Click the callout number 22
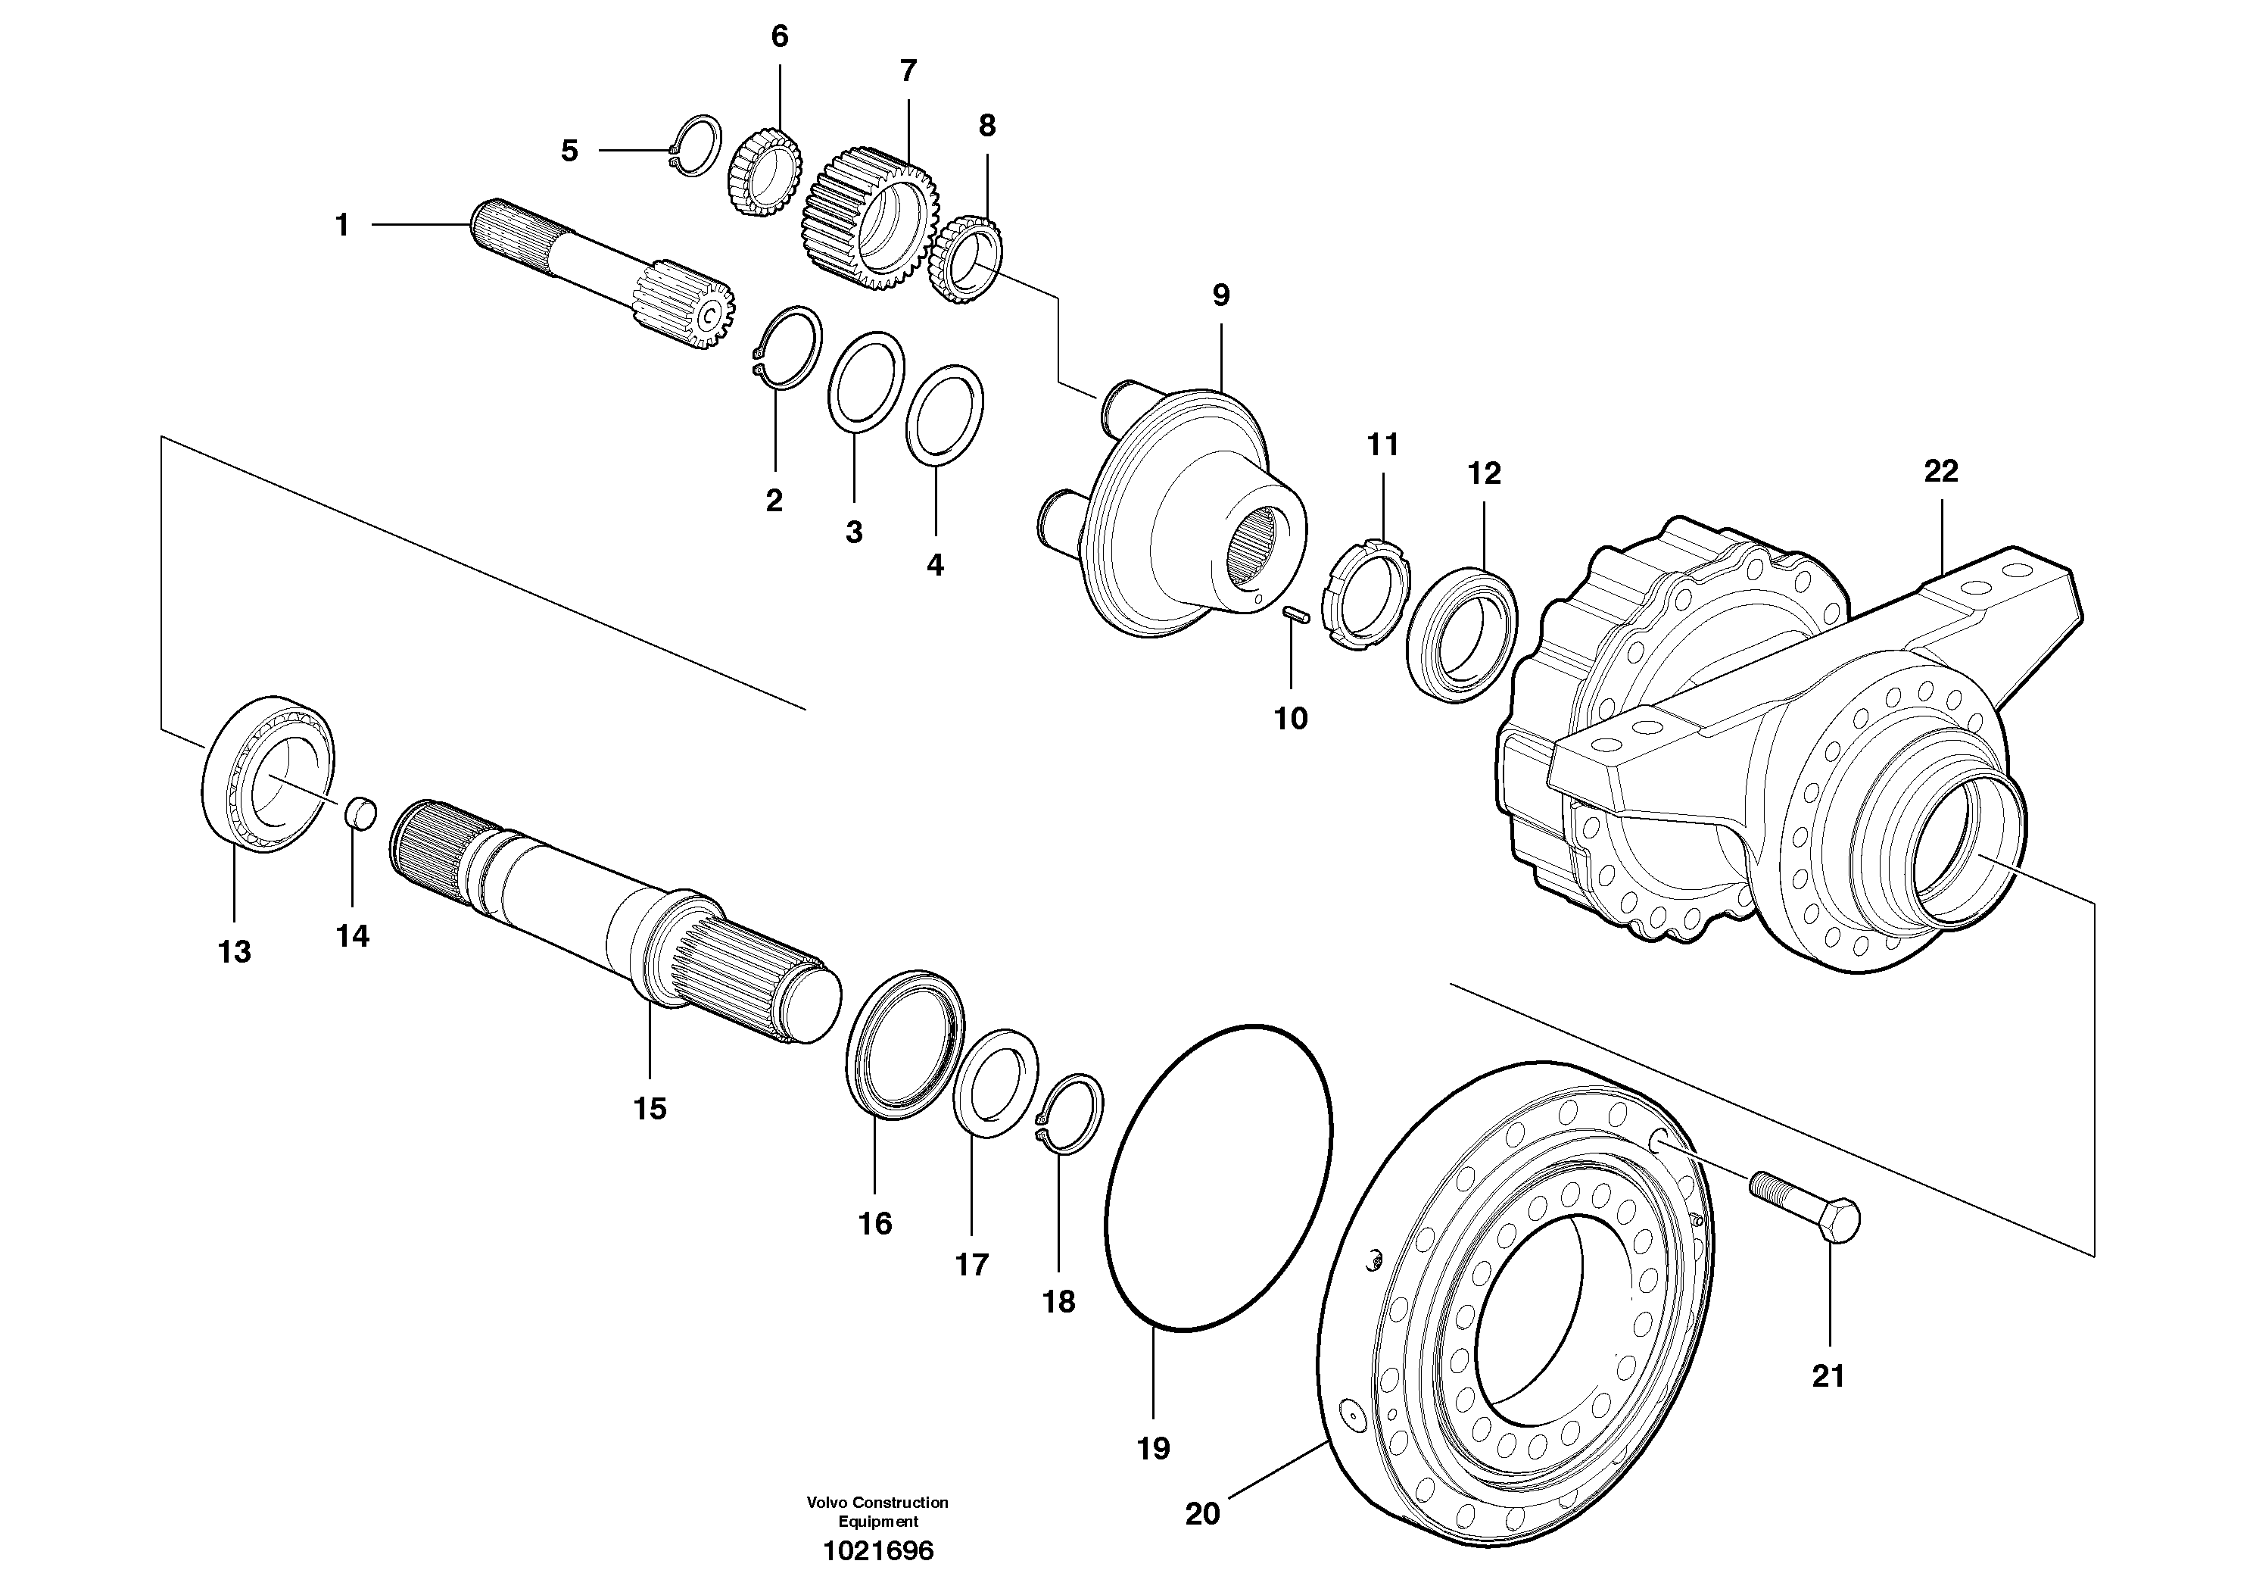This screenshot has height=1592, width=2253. [1940, 471]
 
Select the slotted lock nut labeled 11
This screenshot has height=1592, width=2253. [1366, 596]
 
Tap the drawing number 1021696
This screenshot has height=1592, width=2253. [878, 1551]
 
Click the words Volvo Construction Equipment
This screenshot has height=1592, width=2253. [877, 1512]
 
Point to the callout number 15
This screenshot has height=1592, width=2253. [650, 1108]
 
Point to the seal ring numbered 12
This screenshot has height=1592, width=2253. [1461, 634]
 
